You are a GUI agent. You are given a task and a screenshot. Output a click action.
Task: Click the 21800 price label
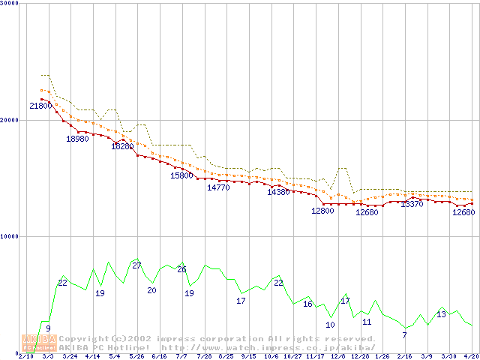coord(40,106)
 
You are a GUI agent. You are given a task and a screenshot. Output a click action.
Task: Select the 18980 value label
coord(77,139)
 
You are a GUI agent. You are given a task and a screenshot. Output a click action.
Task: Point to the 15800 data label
coord(181,175)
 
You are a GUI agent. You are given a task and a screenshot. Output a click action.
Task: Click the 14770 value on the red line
coord(218,187)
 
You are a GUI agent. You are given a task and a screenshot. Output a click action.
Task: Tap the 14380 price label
coord(277,192)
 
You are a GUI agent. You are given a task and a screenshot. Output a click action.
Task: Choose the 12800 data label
coord(322,211)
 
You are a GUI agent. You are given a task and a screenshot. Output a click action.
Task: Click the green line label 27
coord(136,265)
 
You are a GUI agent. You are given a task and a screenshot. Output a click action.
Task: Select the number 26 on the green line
coord(181,269)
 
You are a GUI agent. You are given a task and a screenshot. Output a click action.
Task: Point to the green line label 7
coord(404,334)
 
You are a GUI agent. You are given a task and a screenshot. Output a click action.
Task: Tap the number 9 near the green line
coord(48,328)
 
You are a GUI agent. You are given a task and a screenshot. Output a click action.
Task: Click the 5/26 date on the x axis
coord(136,356)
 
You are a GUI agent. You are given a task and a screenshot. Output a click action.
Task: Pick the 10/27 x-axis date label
coord(293,356)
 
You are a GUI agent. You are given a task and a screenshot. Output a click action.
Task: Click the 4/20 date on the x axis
coord(471,356)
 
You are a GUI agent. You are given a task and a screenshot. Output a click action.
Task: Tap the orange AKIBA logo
coord(39,343)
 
